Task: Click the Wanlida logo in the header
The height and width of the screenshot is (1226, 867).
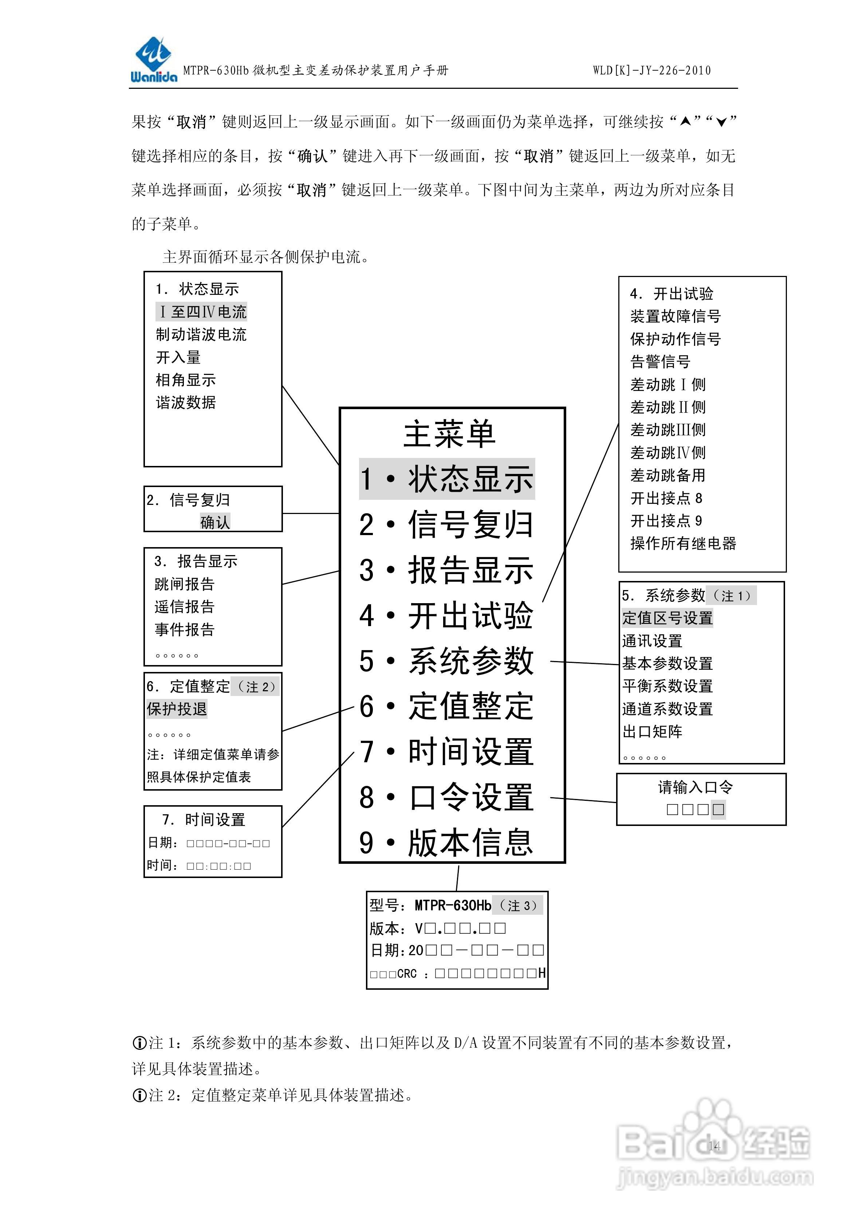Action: (153, 60)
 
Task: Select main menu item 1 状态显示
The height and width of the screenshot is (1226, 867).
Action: (446, 479)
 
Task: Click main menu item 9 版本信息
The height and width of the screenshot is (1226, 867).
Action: (446, 843)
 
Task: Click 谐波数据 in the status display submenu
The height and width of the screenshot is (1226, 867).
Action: (186, 403)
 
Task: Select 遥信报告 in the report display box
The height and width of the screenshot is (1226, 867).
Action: (184, 606)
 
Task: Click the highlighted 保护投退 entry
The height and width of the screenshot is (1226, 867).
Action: (177, 709)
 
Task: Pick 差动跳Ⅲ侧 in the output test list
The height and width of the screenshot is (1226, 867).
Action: (668, 430)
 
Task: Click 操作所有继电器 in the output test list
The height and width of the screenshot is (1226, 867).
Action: (683, 543)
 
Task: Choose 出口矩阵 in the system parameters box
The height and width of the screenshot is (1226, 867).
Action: (652, 732)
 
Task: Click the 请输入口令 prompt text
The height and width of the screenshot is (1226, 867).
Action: (695, 787)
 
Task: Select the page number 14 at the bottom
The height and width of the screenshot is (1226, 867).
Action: (714, 1145)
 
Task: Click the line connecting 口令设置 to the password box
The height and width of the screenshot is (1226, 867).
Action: (583, 800)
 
